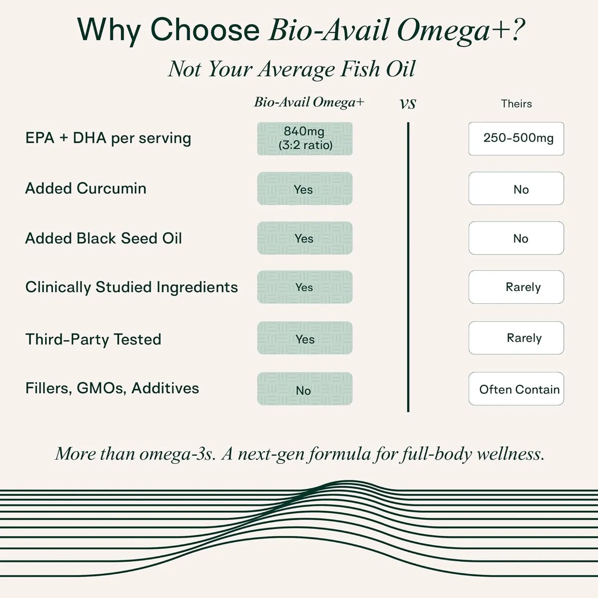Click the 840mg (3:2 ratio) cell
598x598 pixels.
point(305,138)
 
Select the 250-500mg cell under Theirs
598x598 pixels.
point(516,138)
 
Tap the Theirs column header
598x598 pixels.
point(516,103)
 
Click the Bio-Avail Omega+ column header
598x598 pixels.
point(309,102)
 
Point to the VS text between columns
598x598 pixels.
point(408,104)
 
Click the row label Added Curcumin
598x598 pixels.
point(86,188)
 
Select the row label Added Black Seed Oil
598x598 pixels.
point(103,238)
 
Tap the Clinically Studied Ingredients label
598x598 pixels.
point(132,287)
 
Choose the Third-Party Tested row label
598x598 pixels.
point(94,339)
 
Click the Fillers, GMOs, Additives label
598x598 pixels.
point(112,388)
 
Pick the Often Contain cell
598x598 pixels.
point(516,389)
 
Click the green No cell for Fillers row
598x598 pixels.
point(305,389)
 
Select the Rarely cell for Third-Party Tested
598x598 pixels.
point(516,338)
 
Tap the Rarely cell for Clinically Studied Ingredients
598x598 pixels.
point(516,287)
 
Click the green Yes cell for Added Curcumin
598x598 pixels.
point(305,188)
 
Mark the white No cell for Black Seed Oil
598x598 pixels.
point(516,238)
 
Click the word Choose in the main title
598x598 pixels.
point(205,30)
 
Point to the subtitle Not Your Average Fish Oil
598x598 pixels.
point(292,69)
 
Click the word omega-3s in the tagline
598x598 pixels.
point(177,454)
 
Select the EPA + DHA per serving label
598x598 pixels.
point(108,138)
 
